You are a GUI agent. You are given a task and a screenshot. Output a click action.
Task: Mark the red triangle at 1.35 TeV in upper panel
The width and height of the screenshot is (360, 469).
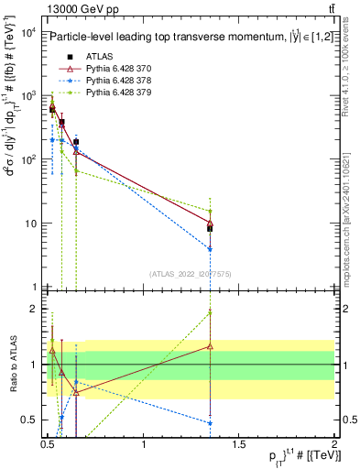(211, 223)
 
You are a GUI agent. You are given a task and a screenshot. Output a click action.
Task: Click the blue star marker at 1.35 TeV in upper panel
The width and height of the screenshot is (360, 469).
(211, 249)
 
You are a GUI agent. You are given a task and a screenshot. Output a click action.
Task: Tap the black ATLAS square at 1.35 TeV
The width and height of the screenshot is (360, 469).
(211, 228)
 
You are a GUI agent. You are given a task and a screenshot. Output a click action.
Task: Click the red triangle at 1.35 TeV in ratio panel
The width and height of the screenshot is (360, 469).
(211, 346)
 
